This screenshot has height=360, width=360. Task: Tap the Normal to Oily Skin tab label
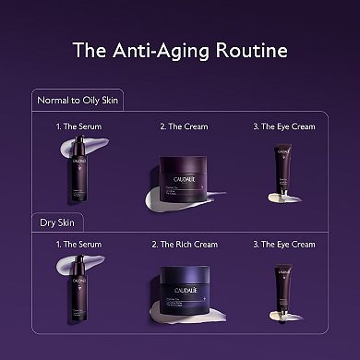click(x=78, y=99)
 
